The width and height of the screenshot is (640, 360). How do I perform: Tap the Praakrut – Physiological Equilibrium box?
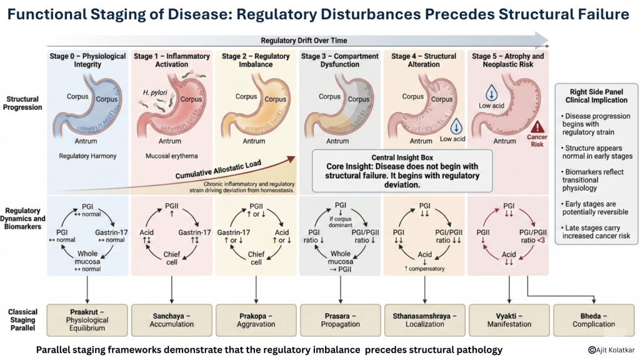pyautogui.click(x=87, y=319)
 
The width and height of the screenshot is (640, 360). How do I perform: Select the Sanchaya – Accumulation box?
pyautogui.click(x=171, y=319)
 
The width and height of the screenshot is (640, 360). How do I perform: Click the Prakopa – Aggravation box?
pyautogui.click(x=256, y=319)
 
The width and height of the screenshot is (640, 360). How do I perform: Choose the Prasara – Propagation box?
pyautogui.click(x=341, y=319)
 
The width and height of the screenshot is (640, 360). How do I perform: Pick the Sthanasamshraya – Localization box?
pyautogui.click(x=424, y=319)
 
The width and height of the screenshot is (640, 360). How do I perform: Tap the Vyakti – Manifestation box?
pyautogui.click(x=509, y=319)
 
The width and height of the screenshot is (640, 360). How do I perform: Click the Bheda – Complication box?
pyautogui.click(x=593, y=319)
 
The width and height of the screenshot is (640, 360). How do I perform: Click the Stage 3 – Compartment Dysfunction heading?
pyautogui.click(x=340, y=60)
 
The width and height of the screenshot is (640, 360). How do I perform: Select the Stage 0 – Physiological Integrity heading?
pyautogui.click(x=87, y=60)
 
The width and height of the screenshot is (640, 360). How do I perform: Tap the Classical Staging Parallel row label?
pyautogui.click(x=23, y=319)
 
